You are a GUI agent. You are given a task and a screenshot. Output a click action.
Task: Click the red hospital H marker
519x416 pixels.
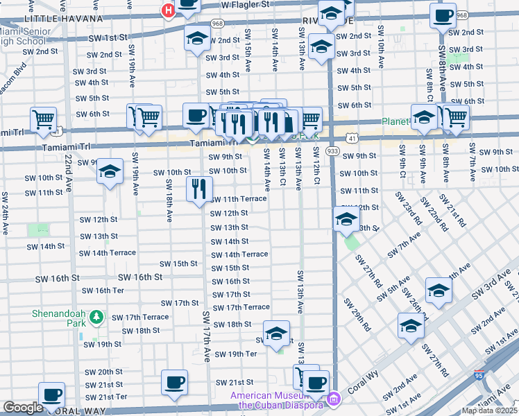pyautogui.click(x=167, y=10)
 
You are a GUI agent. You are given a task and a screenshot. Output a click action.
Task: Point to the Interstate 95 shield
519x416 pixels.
pyautogui.click(x=479, y=375)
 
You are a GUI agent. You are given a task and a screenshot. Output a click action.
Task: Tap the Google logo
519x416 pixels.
pyautogui.click(x=23, y=408)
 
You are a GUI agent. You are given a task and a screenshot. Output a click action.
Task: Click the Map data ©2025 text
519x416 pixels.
pyautogui.click(x=490, y=410)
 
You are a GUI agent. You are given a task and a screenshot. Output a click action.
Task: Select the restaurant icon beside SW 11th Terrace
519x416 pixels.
pyautogui.click(x=199, y=188)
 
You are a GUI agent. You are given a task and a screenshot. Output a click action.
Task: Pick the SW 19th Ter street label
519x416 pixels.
pyautogui.click(x=236, y=354)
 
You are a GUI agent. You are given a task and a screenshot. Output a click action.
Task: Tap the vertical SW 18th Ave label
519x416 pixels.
pyautogui.click(x=169, y=201)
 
